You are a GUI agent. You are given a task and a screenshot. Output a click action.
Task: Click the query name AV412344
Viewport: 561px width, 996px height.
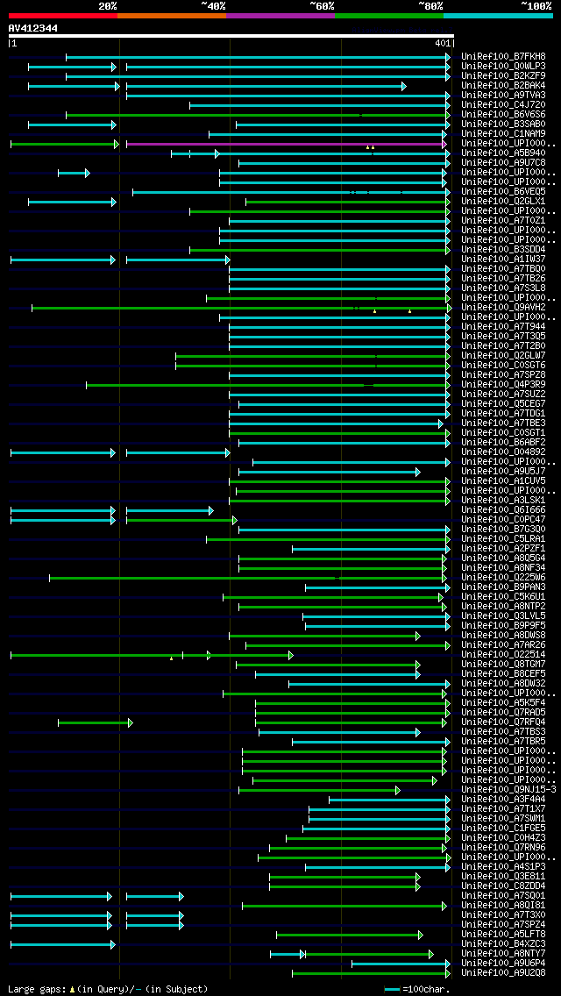tap(33, 28)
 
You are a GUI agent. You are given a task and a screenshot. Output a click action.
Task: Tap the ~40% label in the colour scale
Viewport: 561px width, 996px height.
tap(214, 6)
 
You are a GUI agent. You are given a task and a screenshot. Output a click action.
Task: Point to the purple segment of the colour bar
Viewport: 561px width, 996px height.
tap(280, 16)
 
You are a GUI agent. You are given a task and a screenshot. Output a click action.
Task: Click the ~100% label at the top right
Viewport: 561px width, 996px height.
tap(535, 6)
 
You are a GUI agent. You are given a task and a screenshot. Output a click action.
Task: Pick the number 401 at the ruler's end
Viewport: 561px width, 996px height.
tap(442, 43)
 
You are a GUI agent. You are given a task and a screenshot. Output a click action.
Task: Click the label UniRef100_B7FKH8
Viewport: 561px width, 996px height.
tap(503, 57)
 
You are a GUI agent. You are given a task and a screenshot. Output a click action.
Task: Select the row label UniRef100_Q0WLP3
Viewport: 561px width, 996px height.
tap(503, 67)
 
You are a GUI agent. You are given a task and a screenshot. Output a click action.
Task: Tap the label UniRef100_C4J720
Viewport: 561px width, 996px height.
tap(503, 105)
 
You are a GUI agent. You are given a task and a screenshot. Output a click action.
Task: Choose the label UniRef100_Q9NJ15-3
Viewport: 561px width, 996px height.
tap(508, 790)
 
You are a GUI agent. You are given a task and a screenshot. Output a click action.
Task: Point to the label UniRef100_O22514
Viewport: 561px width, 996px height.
tap(503, 655)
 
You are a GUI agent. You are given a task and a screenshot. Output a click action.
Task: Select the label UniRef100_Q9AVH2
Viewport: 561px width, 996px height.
tap(503, 308)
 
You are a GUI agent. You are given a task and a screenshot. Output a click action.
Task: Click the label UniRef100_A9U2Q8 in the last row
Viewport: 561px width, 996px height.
tap(503, 973)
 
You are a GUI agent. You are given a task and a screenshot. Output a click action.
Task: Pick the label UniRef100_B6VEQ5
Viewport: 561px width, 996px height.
tap(503, 192)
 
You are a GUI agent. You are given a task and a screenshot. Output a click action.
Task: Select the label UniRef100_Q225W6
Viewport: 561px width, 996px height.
tap(503, 578)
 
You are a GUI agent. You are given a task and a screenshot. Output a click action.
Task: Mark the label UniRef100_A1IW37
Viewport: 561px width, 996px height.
tap(503, 260)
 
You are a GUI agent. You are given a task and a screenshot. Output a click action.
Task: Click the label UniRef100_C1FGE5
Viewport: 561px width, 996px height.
tap(503, 829)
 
